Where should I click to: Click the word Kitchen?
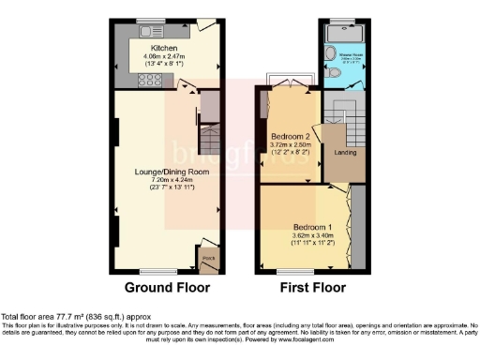click(153, 46)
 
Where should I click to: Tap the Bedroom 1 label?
click(309, 228)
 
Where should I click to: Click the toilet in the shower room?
click(335, 70)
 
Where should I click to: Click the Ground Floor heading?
click(168, 287)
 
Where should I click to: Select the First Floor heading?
click(304, 287)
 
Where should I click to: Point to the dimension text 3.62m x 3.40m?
click(308, 236)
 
